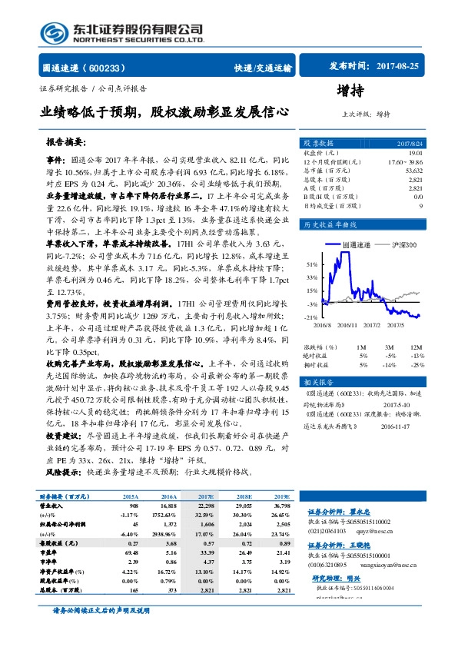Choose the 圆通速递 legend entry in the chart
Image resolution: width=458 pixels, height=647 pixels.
356,244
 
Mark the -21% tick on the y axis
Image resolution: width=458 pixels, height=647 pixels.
311,317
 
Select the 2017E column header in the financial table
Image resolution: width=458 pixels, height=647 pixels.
207,498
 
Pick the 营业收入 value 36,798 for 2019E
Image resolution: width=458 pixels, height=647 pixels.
282,506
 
